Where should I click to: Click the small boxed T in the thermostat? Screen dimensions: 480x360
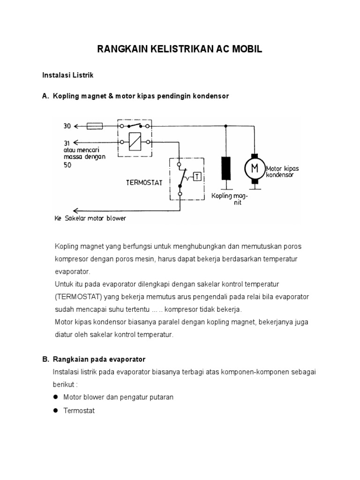point(197,176)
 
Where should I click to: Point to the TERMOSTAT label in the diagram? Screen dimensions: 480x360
point(143,183)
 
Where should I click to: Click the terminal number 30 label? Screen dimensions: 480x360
point(67,126)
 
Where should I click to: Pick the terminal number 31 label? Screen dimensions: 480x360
point(67,142)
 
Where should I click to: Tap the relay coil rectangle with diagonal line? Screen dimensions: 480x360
point(135,141)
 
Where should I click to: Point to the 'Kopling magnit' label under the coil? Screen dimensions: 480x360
point(230,199)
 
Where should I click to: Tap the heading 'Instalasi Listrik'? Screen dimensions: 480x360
point(68,75)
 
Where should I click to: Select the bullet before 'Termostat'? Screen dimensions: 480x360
point(55,411)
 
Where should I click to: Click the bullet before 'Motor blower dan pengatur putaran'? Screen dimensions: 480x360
point(55,397)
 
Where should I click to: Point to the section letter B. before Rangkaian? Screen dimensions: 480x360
point(45,359)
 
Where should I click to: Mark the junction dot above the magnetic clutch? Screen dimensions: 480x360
point(226,126)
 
